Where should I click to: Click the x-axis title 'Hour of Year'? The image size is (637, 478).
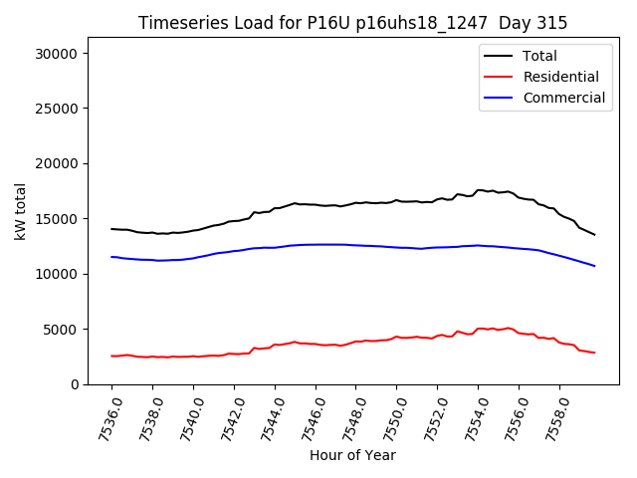[352, 455]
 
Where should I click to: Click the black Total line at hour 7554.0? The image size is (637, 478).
[478, 189]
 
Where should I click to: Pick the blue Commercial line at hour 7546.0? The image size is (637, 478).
[316, 244]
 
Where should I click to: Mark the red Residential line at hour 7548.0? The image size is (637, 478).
[356, 342]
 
